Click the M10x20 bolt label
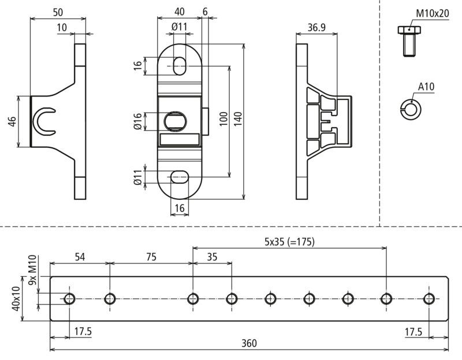point(432,13)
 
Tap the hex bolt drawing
point(409,41)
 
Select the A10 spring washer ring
point(411,110)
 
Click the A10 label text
point(426,87)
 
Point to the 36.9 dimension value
point(316,27)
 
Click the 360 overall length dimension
point(249,343)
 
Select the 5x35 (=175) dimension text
point(289,242)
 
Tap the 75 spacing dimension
point(151,257)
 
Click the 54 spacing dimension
point(80,257)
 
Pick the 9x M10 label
point(32,270)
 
